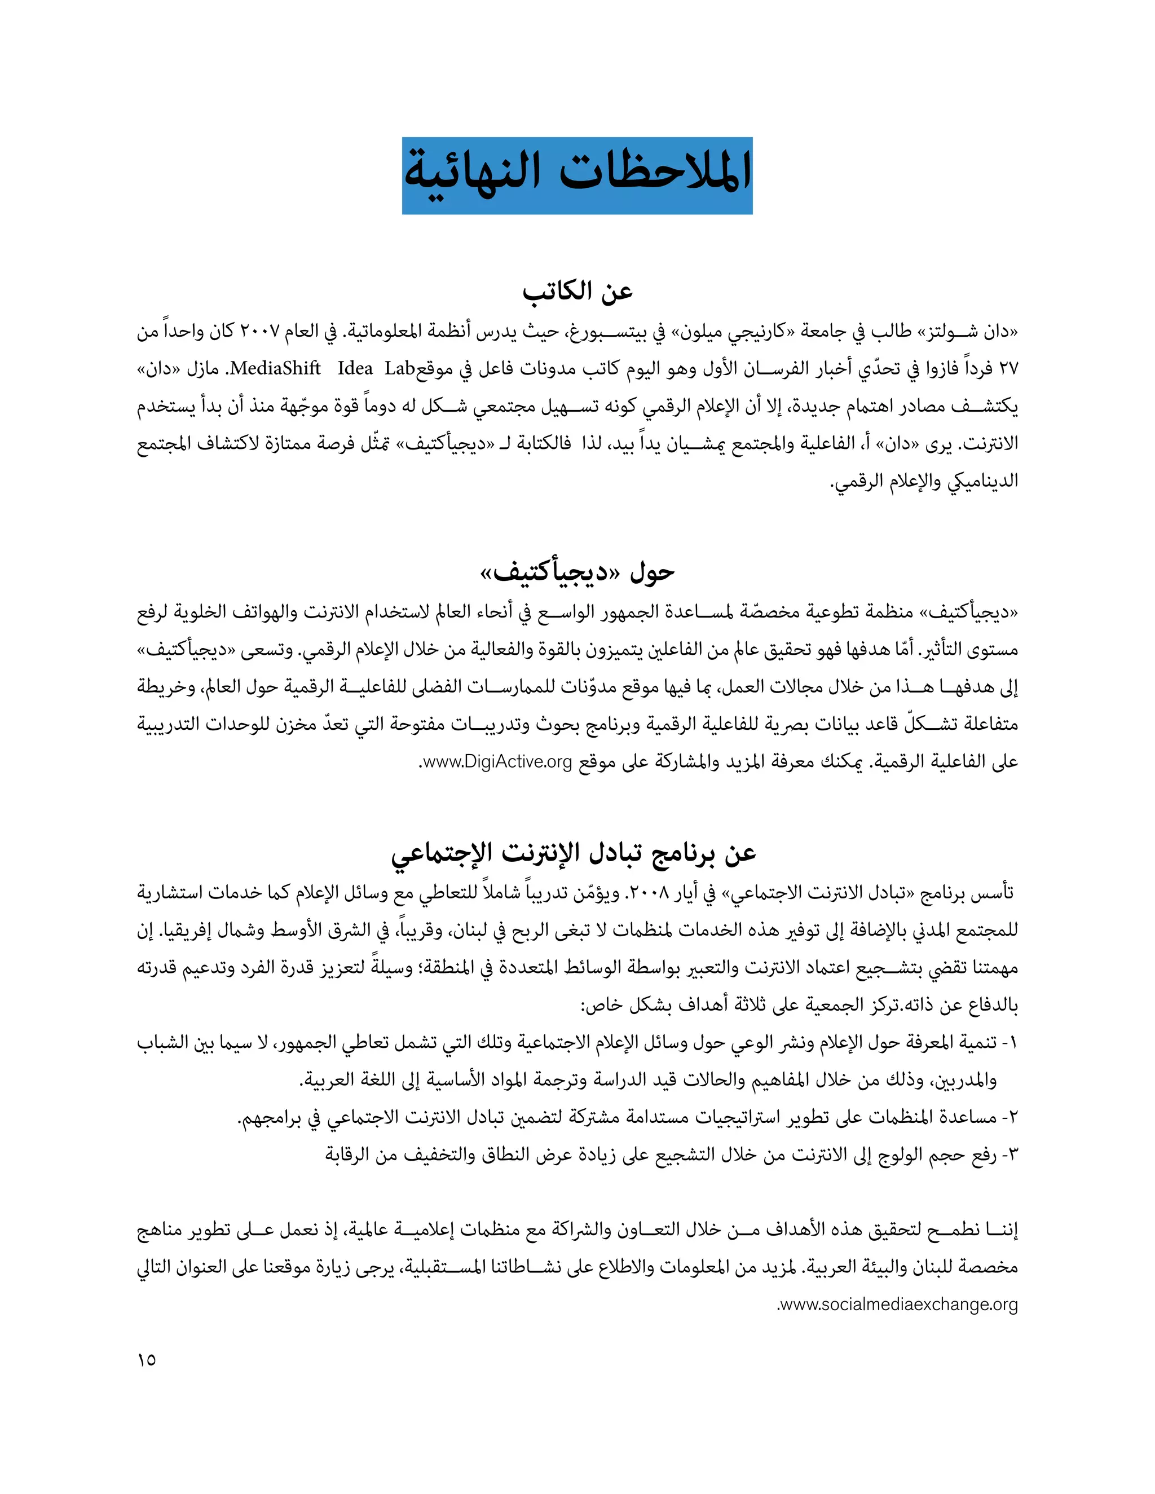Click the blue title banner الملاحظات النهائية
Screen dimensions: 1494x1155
(577, 175)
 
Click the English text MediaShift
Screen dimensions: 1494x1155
(275, 369)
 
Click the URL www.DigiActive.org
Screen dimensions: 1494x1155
(497, 761)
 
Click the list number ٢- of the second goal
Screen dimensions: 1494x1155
(1009, 1118)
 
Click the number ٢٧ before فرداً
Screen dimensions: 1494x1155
(1008, 369)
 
